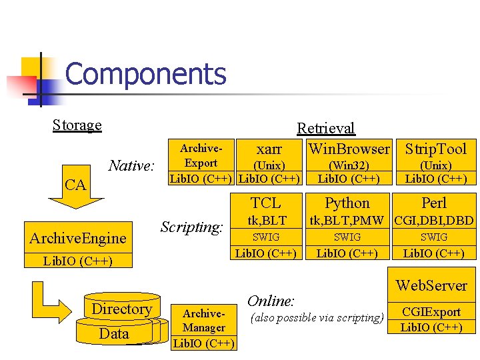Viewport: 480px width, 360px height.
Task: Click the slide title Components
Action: (146, 74)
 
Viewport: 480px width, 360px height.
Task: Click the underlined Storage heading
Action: (77, 125)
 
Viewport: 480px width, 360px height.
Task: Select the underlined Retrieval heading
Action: (325, 128)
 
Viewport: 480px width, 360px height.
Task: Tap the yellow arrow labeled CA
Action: (75, 186)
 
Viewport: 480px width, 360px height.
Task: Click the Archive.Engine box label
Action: (78, 238)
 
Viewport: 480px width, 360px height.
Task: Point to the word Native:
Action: (132, 165)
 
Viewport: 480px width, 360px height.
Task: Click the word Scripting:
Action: (191, 227)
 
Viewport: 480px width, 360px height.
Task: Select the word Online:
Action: (271, 301)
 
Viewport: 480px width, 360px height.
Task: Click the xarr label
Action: (269, 149)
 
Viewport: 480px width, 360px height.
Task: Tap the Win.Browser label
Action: (349, 149)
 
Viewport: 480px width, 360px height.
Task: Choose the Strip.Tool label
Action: (436, 149)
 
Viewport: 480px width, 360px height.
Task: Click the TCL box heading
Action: (266, 203)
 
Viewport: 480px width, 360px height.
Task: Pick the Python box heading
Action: (347, 203)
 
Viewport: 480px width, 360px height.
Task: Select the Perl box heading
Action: (434, 203)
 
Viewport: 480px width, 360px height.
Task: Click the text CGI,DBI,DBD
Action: (434, 221)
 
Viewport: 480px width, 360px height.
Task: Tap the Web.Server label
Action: (432, 285)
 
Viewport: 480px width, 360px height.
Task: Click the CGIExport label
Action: (432, 312)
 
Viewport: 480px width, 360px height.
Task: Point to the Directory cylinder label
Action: (121, 309)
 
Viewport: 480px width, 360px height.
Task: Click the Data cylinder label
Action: (114, 333)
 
